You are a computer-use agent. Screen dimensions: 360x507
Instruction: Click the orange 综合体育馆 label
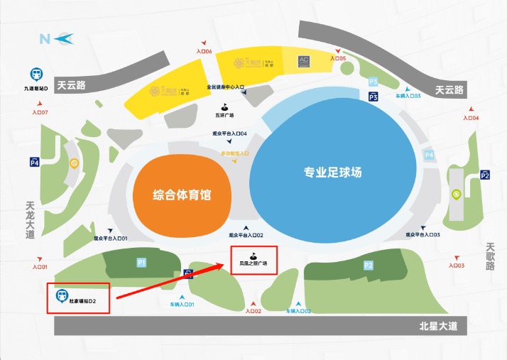(x=182, y=195)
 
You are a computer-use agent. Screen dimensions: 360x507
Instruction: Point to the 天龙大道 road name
(x=30, y=220)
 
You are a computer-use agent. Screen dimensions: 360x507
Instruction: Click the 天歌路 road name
(x=490, y=256)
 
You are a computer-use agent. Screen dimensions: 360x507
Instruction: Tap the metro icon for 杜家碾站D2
(x=63, y=295)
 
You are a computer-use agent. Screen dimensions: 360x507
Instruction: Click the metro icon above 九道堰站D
(x=35, y=73)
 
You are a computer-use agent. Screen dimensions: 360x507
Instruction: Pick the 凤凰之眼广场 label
(x=253, y=263)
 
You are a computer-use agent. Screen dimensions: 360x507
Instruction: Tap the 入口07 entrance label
(x=40, y=112)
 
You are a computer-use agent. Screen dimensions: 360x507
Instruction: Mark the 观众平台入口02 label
(x=246, y=235)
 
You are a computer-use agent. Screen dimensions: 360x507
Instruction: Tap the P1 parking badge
(x=141, y=263)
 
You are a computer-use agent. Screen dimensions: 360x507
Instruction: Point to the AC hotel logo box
(x=304, y=61)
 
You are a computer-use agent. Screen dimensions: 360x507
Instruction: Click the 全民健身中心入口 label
(x=225, y=87)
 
